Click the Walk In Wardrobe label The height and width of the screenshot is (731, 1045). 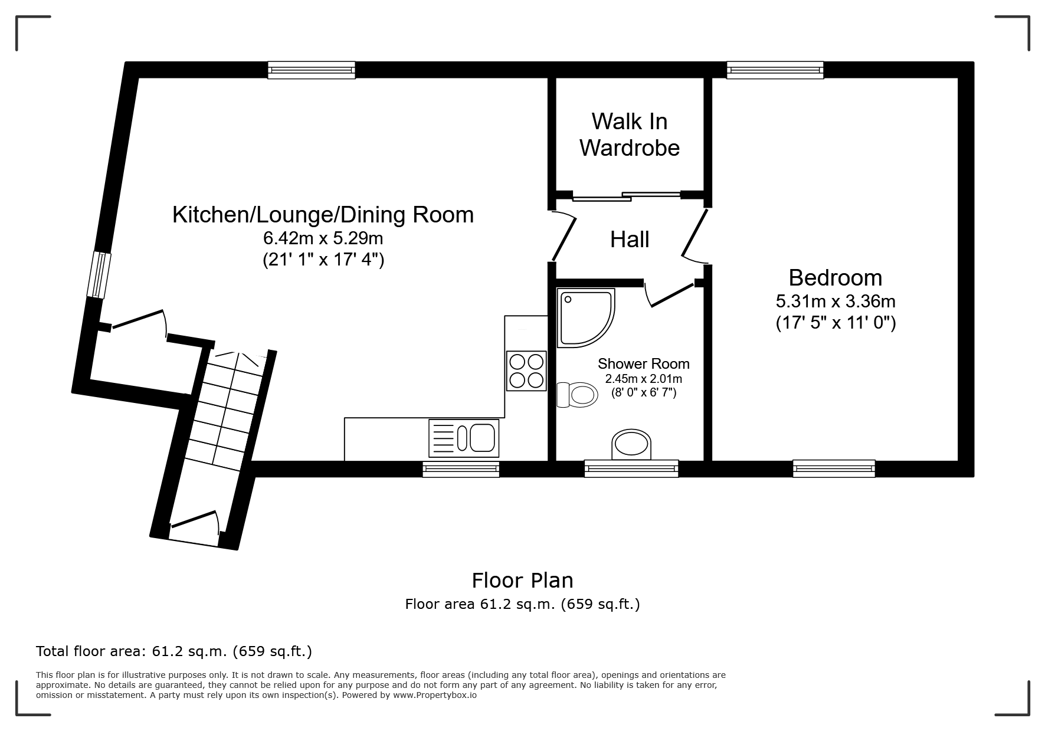click(x=630, y=135)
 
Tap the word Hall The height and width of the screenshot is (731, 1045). click(x=630, y=240)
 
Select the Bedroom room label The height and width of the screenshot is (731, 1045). click(x=836, y=277)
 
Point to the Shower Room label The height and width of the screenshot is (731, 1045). click(x=644, y=364)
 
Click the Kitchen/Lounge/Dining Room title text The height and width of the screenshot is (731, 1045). click(x=323, y=215)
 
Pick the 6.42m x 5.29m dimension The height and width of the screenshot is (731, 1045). click(x=323, y=238)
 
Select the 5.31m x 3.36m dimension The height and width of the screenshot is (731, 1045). click(x=836, y=301)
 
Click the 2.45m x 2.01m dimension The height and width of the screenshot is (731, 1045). click(x=644, y=379)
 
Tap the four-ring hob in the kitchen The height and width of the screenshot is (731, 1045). click(x=526, y=371)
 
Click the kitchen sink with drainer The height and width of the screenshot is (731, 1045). click(x=464, y=438)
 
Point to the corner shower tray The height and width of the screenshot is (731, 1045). click(x=586, y=317)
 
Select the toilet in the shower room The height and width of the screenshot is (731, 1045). click(x=576, y=394)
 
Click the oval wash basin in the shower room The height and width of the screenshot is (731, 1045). click(x=631, y=444)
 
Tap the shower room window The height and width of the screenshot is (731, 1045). click(x=631, y=468)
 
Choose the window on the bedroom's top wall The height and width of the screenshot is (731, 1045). click(x=775, y=70)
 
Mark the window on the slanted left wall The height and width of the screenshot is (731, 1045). click(x=99, y=275)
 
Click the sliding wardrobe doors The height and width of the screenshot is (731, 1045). click(x=626, y=195)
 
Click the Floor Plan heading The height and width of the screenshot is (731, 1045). click(x=522, y=581)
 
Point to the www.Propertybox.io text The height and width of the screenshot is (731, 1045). click(x=435, y=695)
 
